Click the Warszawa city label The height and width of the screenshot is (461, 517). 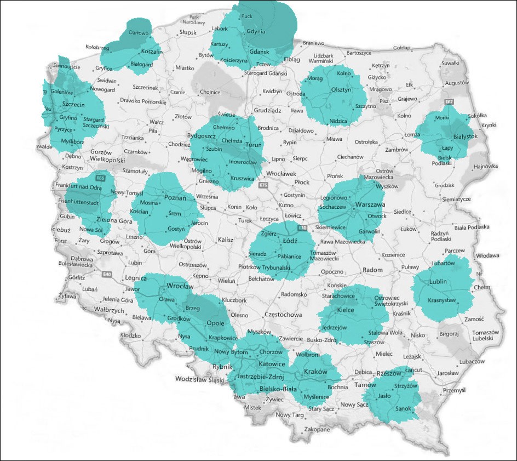(x=371, y=204)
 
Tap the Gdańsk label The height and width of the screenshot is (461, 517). (x=258, y=52)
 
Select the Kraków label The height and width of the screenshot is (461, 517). (x=315, y=372)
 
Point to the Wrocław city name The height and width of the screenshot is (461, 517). (x=178, y=286)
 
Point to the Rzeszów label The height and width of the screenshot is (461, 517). (x=390, y=373)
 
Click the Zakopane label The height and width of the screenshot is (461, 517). (x=317, y=430)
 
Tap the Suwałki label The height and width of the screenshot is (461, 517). (x=450, y=64)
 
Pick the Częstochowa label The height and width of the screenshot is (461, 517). (x=283, y=315)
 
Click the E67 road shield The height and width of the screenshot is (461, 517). (x=450, y=102)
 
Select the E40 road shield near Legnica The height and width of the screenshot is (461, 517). (x=106, y=274)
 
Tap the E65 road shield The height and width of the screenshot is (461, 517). (x=100, y=178)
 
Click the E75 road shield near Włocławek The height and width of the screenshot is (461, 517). (x=264, y=186)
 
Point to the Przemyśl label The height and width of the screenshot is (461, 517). (x=453, y=390)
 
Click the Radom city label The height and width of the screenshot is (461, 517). (x=373, y=270)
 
